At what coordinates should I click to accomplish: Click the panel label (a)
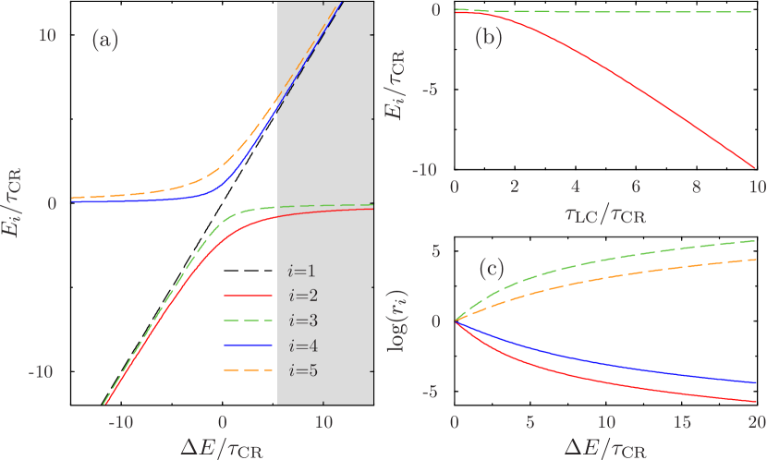coord(104,41)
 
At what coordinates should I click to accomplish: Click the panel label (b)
coord(488,38)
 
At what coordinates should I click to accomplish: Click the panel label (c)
coord(492,269)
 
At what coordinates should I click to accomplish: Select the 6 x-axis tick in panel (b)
coord(635,187)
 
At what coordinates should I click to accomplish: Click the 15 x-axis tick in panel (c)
coord(681,420)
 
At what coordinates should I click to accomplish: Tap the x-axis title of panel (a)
coord(221,444)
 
